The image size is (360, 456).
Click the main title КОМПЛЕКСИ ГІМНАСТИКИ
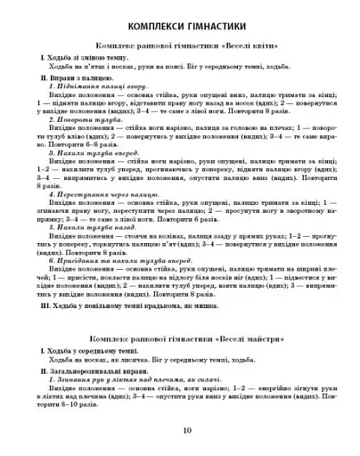point(181,21)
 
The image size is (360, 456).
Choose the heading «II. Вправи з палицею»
point(71,78)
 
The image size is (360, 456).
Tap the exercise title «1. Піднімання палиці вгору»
point(97,88)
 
